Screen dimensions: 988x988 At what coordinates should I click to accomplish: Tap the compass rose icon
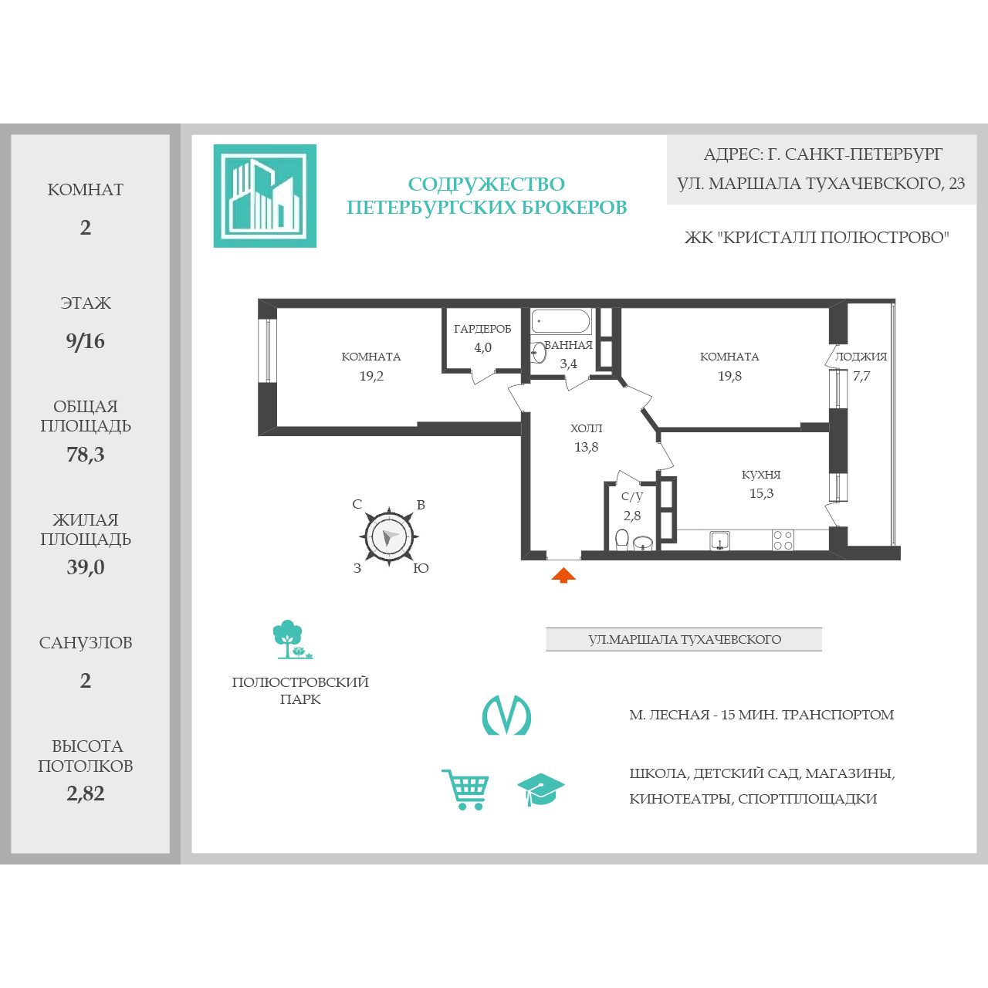click(x=389, y=536)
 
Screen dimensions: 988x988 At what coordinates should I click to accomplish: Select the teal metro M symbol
click(x=506, y=716)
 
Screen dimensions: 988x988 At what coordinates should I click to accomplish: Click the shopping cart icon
click(x=465, y=790)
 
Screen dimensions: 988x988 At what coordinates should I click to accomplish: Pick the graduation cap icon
click(x=541, y=790)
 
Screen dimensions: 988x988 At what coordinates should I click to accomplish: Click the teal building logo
click(x=265, y=196)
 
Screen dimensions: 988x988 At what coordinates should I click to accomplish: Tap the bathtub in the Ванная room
click(x=560, y=321)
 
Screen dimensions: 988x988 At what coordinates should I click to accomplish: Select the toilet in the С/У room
click(x=622, y=540)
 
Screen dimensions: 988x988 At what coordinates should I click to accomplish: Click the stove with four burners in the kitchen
click(x=783, y=540)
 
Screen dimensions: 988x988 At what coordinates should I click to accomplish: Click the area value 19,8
click(x=729, y=376)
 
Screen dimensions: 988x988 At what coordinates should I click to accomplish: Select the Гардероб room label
click(x=482, y=329)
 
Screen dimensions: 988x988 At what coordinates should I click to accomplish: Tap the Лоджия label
click(x=861, y=357)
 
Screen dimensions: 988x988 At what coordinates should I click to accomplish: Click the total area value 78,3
click(x=85, y=455)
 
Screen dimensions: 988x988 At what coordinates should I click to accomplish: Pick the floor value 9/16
click(x=85, y=341)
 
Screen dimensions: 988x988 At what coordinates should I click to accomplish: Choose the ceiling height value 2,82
click(x=85, y=793)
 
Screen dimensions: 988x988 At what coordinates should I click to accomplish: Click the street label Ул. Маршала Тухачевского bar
click(x=683, y=639)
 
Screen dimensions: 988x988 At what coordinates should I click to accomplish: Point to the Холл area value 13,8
click(x=586, y=447)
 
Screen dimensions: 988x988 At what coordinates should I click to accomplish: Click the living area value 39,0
click(x=85, y=567)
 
